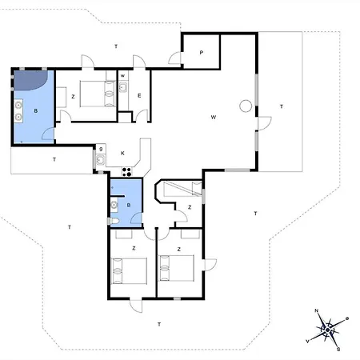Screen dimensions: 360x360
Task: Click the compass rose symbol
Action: coord(328,330)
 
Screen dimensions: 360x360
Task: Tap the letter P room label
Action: coord(202,53)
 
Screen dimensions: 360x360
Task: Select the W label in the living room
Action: coord(214,117)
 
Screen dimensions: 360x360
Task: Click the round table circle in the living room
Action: coord(246,106)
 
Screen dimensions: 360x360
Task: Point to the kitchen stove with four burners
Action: coord(127,172)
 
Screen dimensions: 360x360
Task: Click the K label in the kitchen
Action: coord(122,153)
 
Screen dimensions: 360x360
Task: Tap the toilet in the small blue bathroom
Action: coord(114,221)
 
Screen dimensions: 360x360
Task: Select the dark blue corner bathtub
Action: coord(30,79)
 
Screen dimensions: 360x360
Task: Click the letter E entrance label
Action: coord(139,95)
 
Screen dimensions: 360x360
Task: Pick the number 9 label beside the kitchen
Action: coord(101,149)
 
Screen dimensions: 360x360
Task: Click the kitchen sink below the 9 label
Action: coord(101,160)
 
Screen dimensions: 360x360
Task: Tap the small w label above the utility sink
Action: coord(122,76)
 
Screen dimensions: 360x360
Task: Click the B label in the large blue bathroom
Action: coord(36,111)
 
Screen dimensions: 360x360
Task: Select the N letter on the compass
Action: coord(317,310)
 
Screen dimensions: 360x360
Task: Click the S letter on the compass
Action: coord(338,350)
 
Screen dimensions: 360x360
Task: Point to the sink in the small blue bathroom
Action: coord(114,205)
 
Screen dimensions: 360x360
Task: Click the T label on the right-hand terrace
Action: coord(282,106)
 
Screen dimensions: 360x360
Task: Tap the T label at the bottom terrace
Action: coord(159,324)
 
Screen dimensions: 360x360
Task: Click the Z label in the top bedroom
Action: coord(73,97)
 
